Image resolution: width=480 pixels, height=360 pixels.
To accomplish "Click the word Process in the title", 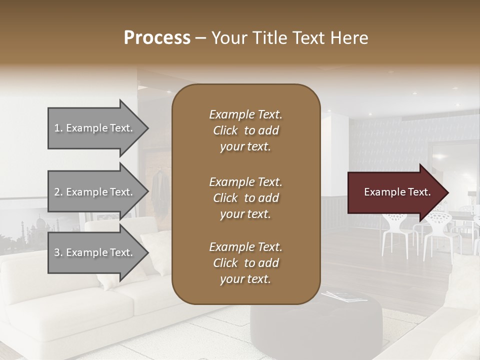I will click(157, 37).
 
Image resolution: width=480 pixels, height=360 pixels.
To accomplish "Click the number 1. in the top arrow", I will click(58, 128).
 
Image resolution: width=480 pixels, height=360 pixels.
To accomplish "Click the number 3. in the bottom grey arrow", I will click(58, 252).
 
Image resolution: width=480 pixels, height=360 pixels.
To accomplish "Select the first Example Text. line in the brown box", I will click(245, 114).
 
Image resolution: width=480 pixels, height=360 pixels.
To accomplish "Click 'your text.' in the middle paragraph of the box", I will click(245, 214).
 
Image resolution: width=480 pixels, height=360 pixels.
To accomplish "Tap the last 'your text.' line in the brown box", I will click(245, 279).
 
